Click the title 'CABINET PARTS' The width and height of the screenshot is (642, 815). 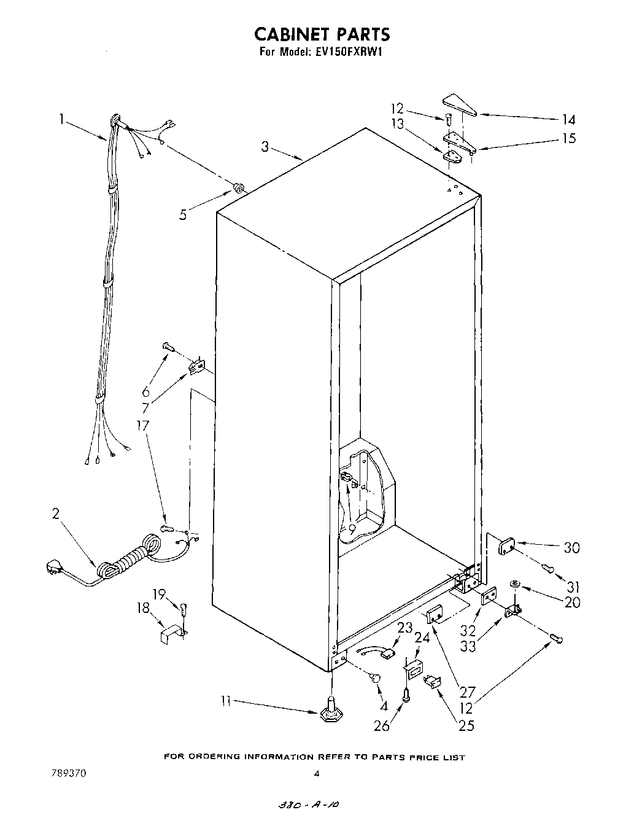click(322, 34)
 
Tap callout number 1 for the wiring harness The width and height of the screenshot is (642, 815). click(62, 120)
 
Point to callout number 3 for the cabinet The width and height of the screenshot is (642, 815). click(265, 147)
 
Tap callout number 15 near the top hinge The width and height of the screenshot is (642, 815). click(569, 138)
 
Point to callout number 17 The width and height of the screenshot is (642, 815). click(142, 425)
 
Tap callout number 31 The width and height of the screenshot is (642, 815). click(571, 586)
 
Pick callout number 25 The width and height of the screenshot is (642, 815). click(466, 725)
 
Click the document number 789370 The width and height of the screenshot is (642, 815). click(68, 774)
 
